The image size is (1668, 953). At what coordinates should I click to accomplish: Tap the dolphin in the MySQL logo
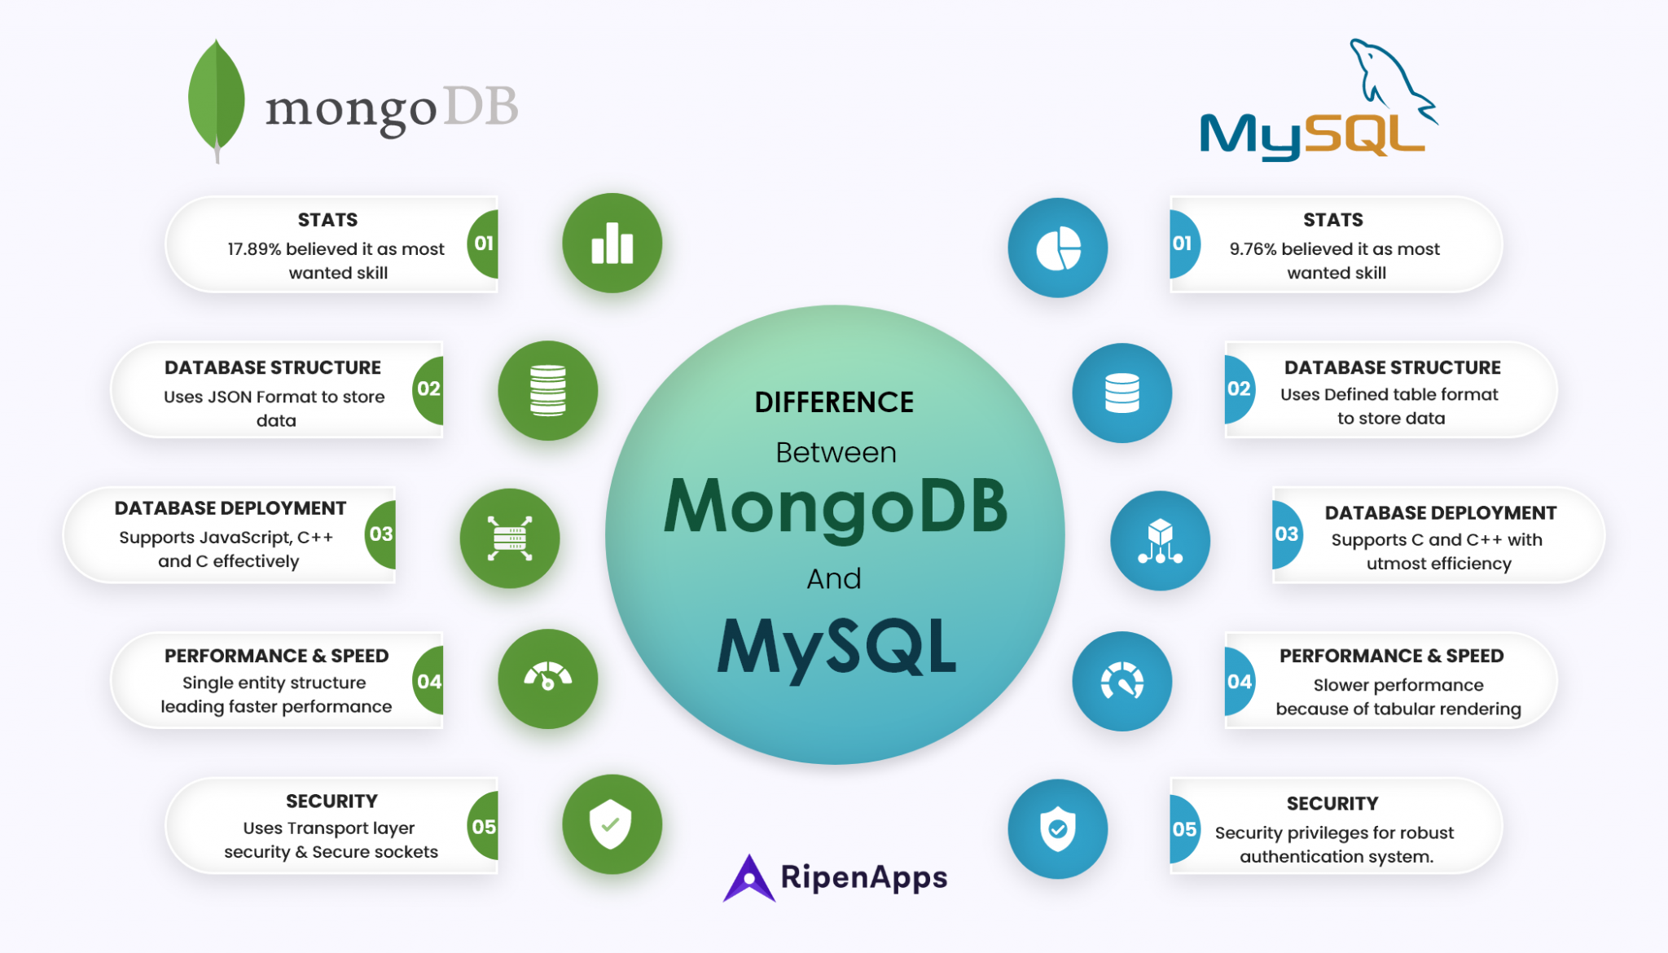(1389, 77)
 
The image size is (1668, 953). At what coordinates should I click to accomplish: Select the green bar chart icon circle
(612, 243)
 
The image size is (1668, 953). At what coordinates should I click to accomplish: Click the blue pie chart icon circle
(1057, 248)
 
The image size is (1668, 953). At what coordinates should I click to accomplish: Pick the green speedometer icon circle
(547, 679)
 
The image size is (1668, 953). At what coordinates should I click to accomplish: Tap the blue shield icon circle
(1057, 828)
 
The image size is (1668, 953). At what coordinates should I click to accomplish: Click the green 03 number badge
(381, 534)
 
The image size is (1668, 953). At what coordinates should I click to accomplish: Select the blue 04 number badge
(1239, 682)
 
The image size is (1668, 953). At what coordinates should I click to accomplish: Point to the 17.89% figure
(253, 249)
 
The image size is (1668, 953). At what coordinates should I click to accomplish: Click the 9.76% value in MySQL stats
(1253, 249)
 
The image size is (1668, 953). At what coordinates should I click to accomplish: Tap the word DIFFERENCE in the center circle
(834, 402)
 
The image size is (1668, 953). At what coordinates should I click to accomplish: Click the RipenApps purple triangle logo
(748, 879)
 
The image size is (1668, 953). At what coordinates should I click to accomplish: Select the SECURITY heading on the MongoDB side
(331, 801)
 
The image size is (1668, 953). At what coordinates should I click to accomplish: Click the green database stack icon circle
(547, 390)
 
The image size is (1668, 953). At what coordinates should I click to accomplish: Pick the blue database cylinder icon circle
(1122, 393)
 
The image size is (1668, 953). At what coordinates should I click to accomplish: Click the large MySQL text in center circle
(836, 648)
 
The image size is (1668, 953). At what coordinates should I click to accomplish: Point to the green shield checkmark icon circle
(612, 823)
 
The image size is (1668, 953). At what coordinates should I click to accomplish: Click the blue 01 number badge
(1183, 244)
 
